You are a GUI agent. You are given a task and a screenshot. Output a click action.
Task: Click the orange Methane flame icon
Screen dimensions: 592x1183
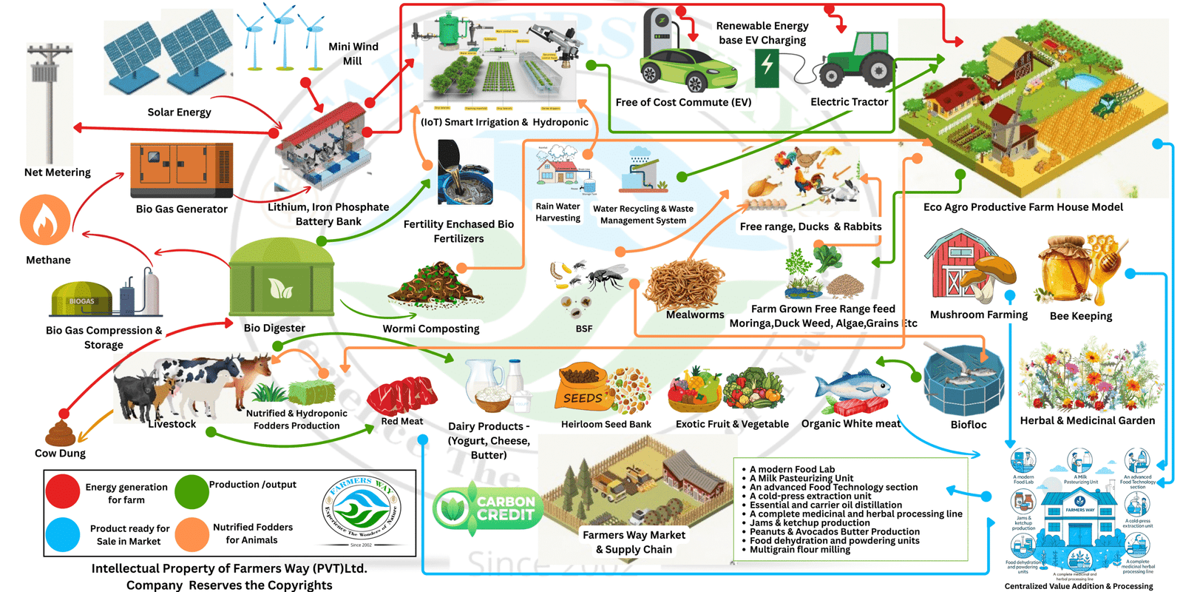(x=45, y=220)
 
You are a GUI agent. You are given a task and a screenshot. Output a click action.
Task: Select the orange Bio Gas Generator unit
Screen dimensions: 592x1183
(x=181, y=169)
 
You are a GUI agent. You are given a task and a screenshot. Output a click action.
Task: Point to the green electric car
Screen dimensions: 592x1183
(x=688, y=68)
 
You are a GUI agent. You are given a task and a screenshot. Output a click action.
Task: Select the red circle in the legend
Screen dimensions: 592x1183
(x=63, y=492)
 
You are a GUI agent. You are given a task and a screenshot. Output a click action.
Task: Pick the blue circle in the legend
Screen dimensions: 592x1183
(x=63, y=534)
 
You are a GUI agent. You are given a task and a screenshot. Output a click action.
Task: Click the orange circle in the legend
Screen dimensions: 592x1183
(x=192, y=534)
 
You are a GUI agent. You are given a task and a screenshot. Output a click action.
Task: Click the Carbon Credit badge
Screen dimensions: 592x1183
(x=488, y=508)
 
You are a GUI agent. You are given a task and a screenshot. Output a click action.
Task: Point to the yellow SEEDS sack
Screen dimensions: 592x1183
(x=583, y=388)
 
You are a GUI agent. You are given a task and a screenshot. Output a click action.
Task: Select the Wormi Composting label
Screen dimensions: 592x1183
(x=430, y=329)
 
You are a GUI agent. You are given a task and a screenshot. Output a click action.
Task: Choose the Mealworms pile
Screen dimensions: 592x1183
(x=684, y=286)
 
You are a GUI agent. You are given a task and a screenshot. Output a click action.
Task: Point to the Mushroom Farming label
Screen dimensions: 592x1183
(x=978, y=314)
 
